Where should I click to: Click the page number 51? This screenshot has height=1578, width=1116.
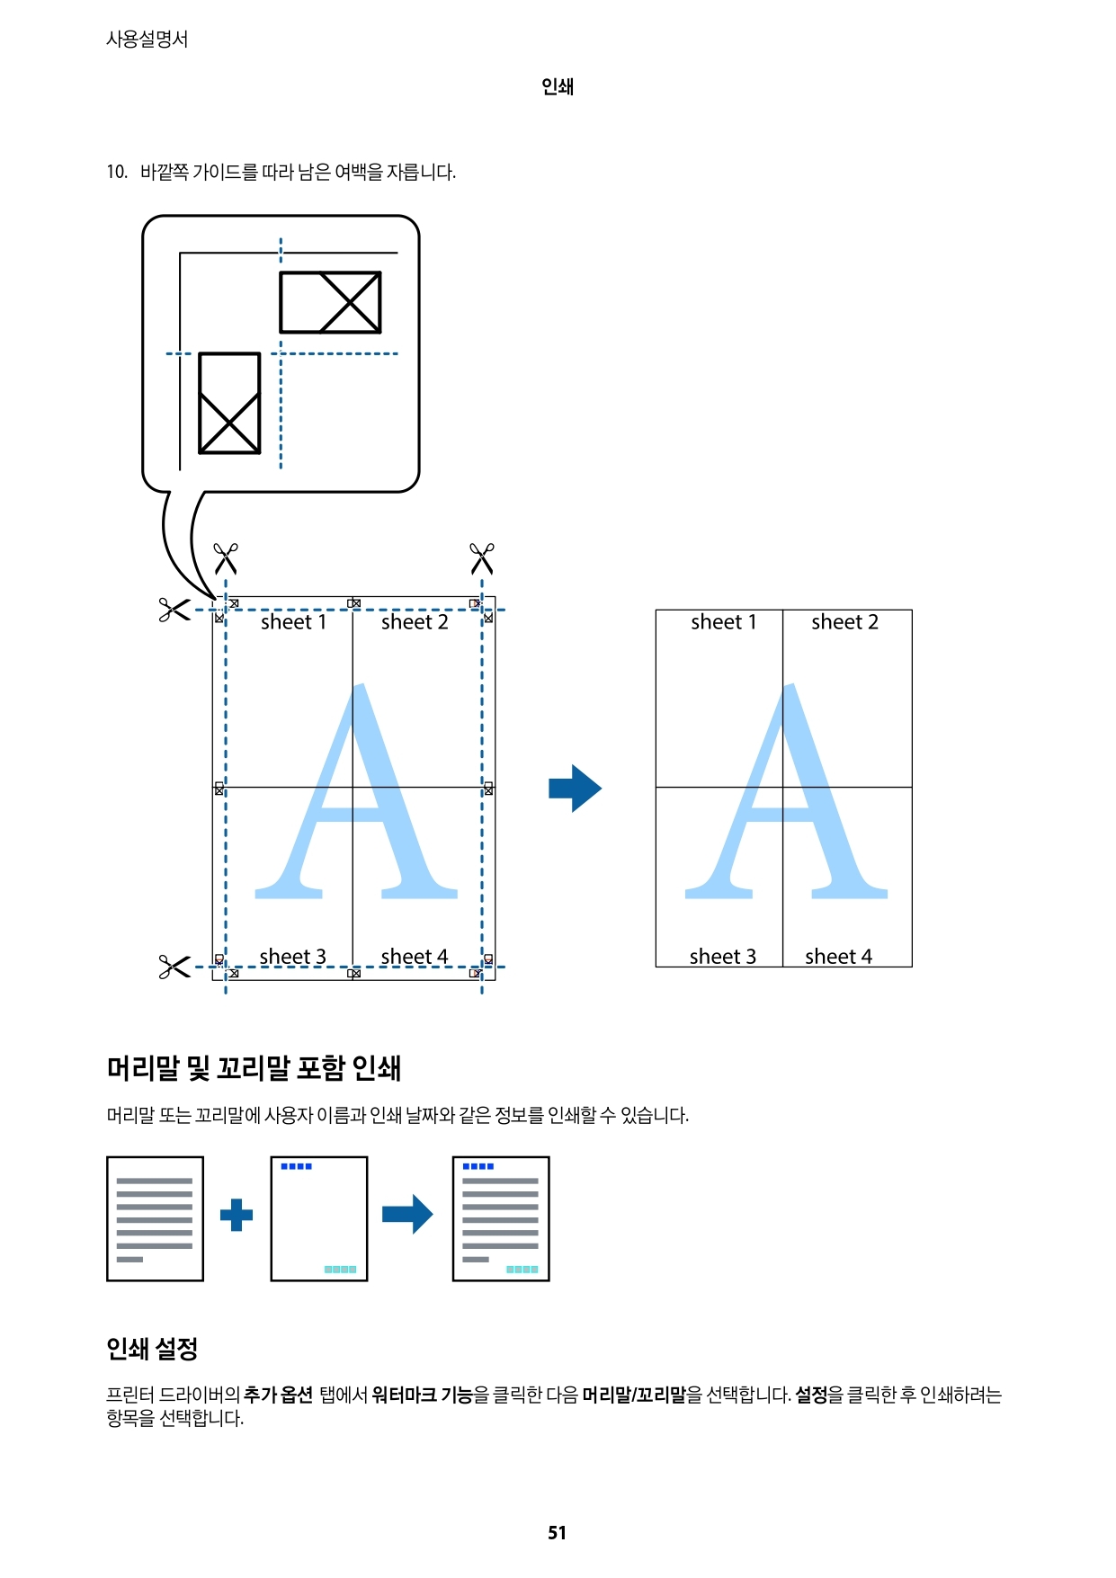(x=557, y=1532)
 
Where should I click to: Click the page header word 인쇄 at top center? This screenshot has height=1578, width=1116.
(x=557, y=86)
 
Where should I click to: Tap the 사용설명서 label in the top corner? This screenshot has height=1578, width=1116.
(x=147, y=39)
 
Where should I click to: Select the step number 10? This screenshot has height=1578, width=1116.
(x=116, y=172)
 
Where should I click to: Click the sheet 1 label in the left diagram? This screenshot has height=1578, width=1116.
(x=293, y=622)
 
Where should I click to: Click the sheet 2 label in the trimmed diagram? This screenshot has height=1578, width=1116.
(x=844, y=622)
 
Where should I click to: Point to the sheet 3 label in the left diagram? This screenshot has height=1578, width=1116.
(x=292, y=957)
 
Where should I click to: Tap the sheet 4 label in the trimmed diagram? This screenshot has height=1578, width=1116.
(x=838, y=957)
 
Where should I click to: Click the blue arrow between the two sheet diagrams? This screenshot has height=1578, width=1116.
(x=575, y=789)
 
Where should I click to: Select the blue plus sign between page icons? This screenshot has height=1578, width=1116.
(x=237, y=1215)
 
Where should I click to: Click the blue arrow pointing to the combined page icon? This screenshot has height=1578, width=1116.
(x=407, y=1215)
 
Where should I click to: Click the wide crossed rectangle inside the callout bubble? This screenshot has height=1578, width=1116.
(x=330, y=302)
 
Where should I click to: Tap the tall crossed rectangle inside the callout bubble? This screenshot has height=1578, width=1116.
(x=229, y=403)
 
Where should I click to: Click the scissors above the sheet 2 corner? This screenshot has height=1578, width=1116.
(x=482, y=557)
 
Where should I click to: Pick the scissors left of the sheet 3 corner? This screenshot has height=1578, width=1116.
(x=174, y=967)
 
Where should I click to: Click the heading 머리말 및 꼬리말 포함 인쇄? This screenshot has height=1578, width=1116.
(x=254, y=1068)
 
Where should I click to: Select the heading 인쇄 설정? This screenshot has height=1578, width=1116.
(x=152, y=1348)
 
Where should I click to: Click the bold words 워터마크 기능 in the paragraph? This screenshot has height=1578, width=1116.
(x=422, y=1395)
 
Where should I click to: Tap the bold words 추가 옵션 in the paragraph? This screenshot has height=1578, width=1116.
(x=278, y=1395)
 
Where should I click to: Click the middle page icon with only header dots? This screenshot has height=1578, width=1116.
(x=318, y=1218)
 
